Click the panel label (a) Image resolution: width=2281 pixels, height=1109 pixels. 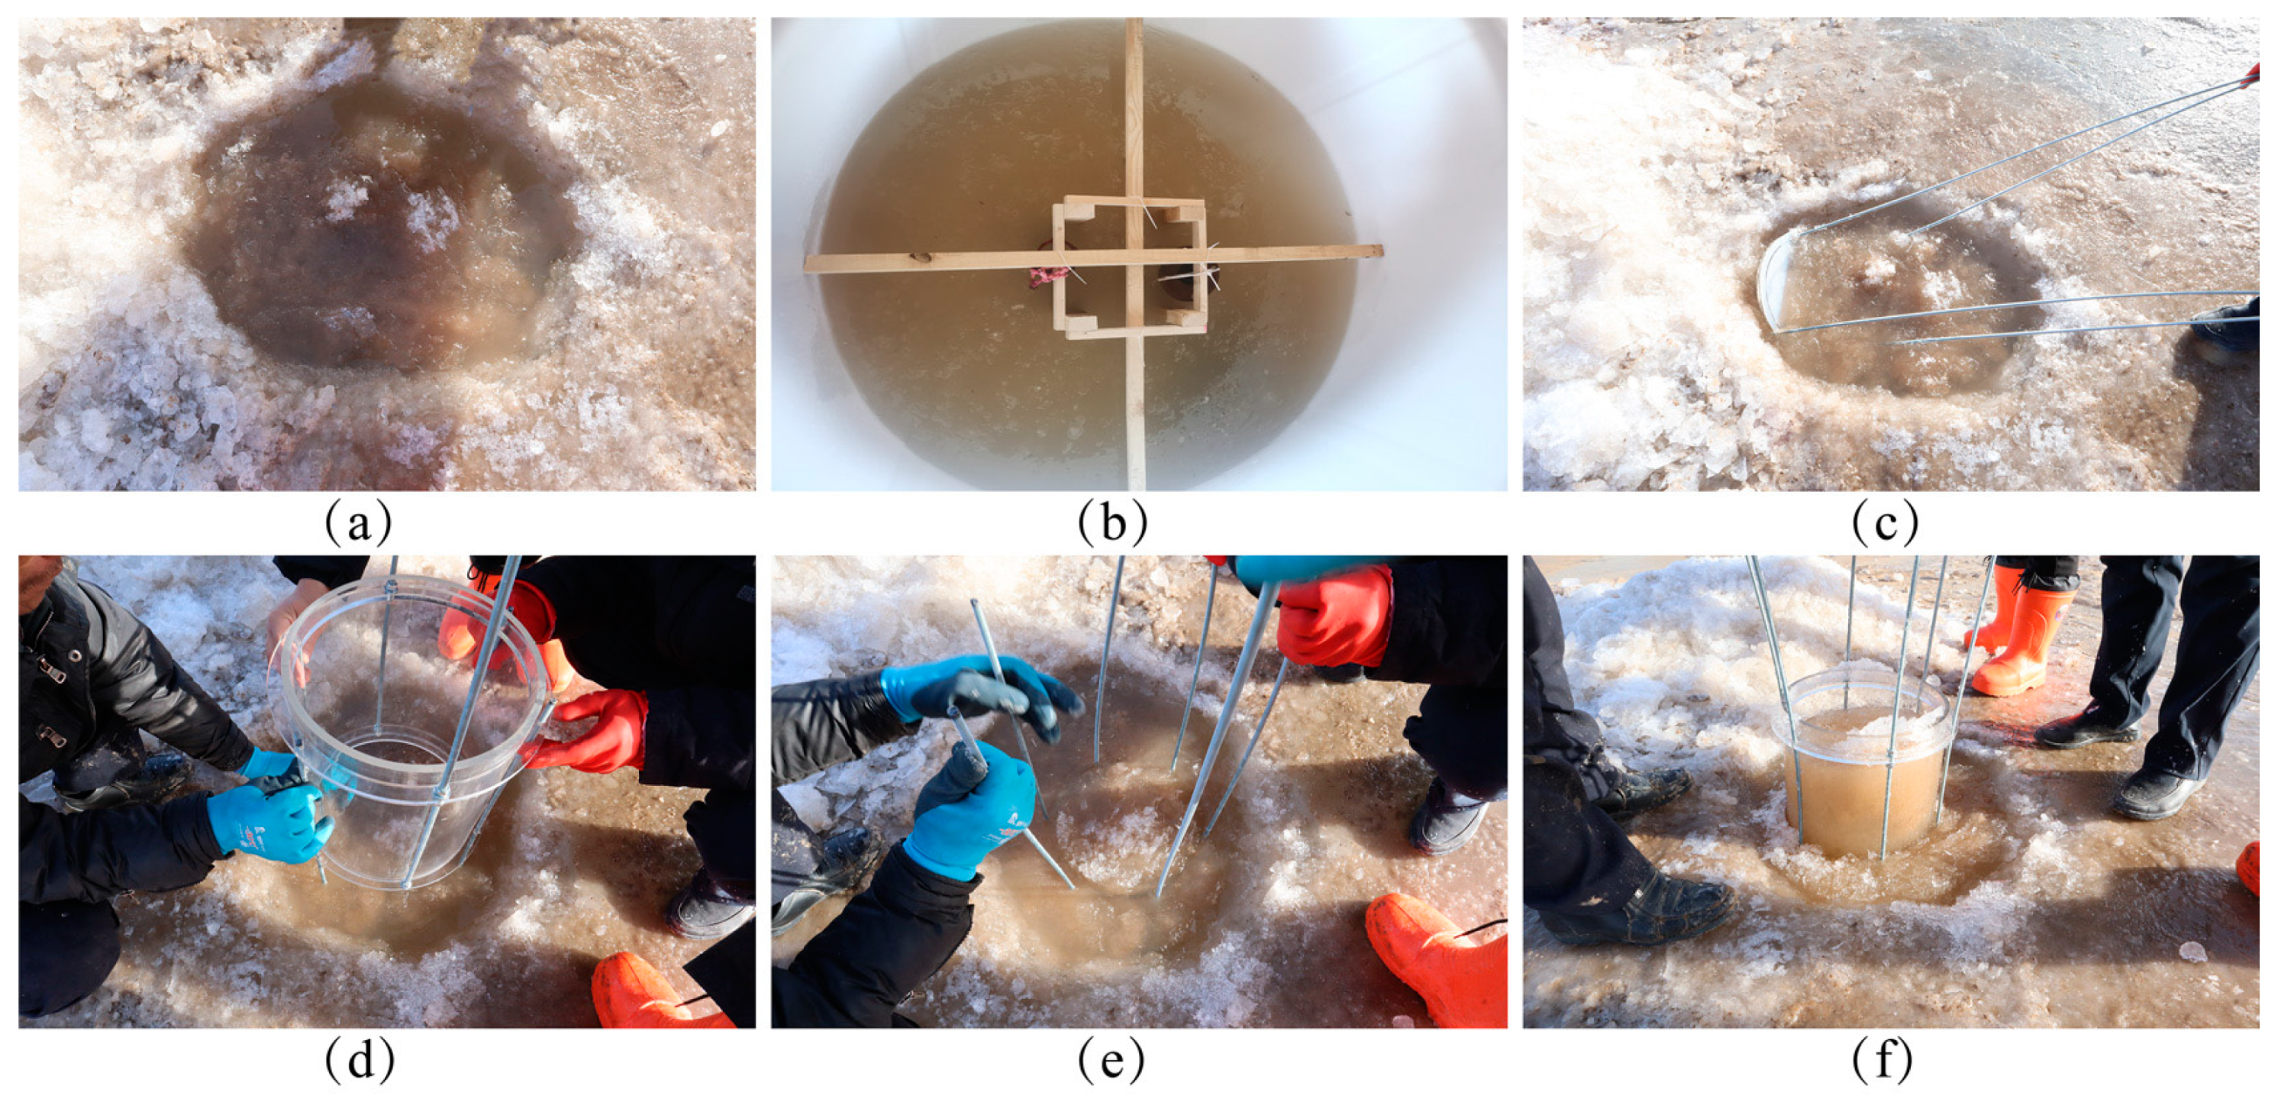pos(359,522)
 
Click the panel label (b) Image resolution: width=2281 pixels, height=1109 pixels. pos(1112,522)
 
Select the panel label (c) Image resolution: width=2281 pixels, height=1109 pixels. pos(1884,522)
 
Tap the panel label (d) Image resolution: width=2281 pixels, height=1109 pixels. pos(359,1059)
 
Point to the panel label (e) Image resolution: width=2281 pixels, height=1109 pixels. pos(1111,1059)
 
